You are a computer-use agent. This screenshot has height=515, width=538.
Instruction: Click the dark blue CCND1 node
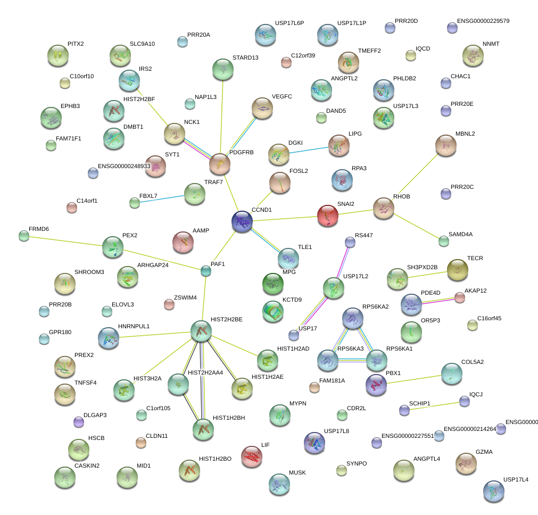click(x=243, y=221)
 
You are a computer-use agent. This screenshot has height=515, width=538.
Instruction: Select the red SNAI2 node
click(x=328, y=215)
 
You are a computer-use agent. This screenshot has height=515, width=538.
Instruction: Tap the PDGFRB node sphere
click(x=220, y=164)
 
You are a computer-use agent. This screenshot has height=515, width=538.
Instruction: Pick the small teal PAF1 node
click(x=205, y=271)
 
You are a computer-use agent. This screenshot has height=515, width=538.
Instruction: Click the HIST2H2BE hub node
click(x=201, y=331)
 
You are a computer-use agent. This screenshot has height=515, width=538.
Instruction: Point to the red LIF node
click(x=252, y=455)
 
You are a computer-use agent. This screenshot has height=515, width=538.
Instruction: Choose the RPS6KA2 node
click(x=352, y=318)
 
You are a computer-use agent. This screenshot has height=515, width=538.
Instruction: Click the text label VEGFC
click(x=282, y=96)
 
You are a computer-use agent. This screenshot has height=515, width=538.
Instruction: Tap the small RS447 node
click(x=350, y=243)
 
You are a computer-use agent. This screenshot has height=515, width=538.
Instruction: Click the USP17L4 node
click(x=493, y=491)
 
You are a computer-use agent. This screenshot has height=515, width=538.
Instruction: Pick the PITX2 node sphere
click(x=57, y=54)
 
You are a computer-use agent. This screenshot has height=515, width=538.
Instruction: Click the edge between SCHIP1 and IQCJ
click(x=434, y=405)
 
